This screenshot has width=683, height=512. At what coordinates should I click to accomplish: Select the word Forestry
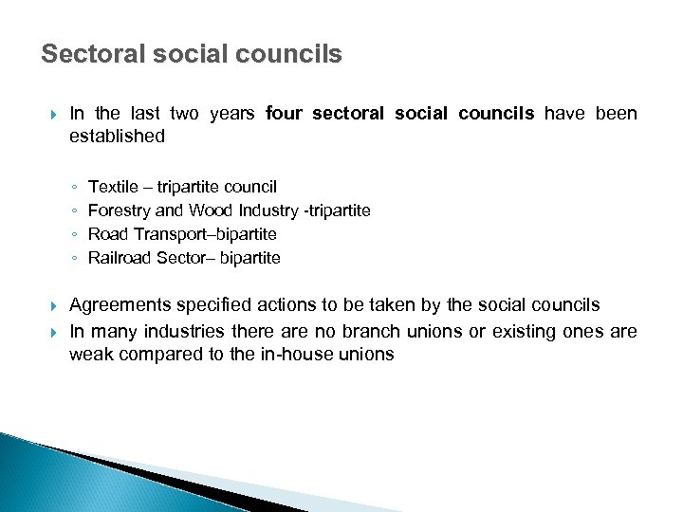coord(118,210)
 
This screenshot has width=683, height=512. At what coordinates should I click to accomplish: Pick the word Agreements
coord(121,305)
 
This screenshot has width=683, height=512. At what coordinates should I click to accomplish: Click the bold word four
coord(283,114)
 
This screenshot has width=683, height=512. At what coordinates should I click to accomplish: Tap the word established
coord(117,137)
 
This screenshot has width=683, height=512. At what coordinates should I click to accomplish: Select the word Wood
coord(209,210)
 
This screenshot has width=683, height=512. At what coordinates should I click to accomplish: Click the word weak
coord(89,355)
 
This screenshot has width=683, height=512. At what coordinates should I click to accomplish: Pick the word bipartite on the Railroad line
coord(249,258)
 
